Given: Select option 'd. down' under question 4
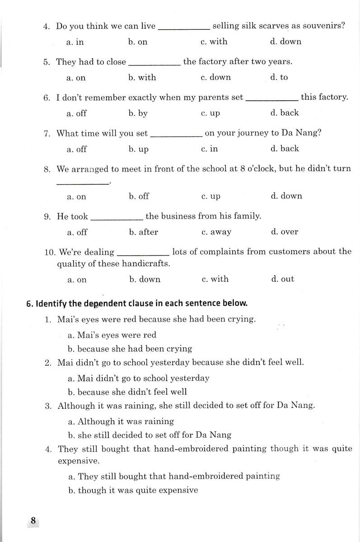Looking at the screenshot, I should pyautogui.click(x=285, y=42).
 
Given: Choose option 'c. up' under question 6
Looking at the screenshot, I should pyautogui.click(x=210, y=113).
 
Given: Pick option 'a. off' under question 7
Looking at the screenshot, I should pyautogui.click(x=76, y=149).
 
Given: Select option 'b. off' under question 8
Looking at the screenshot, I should pyautogui.click(x=139, y=196).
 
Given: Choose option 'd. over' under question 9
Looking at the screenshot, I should pyautogui.click(x=285, y=232).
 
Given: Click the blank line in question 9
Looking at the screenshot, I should pyautogui.click(x=117, y=217).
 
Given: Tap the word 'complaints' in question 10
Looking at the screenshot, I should pyautogui.click(x=222, y=252).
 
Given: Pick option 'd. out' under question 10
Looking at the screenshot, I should pyautogui.click(x=282, y=279).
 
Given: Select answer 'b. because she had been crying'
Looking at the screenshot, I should pyautogui.click(x=130, y=349).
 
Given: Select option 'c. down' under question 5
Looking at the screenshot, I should pyautogui.click(x=215, y=77).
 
